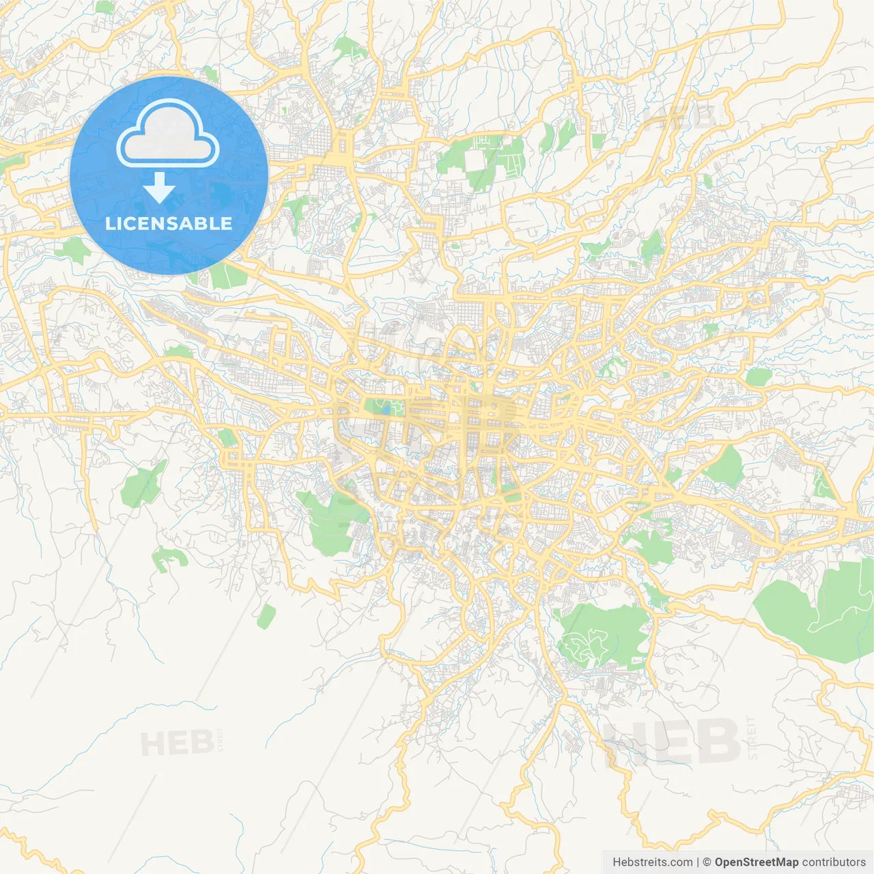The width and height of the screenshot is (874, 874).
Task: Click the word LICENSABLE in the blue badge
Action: pos(169,223)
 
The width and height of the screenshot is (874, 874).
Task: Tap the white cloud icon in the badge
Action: pos(168,133)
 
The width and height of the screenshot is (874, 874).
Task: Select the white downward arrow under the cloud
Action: pos(159,188)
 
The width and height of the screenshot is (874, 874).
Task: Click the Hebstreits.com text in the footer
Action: pos(652,862)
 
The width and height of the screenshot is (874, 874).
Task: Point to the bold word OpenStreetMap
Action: pos(756,862)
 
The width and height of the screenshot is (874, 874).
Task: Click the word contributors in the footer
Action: pos(834,862)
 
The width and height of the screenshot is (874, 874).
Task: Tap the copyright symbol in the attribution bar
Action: pos(707,862)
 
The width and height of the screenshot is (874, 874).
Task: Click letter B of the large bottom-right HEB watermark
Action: pos(714,743)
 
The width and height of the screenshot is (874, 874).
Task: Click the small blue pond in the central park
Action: pos(386,410)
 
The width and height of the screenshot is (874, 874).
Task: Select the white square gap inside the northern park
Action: pos(475,160)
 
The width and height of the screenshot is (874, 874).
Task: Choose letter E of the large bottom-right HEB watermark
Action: pos(669,743)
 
